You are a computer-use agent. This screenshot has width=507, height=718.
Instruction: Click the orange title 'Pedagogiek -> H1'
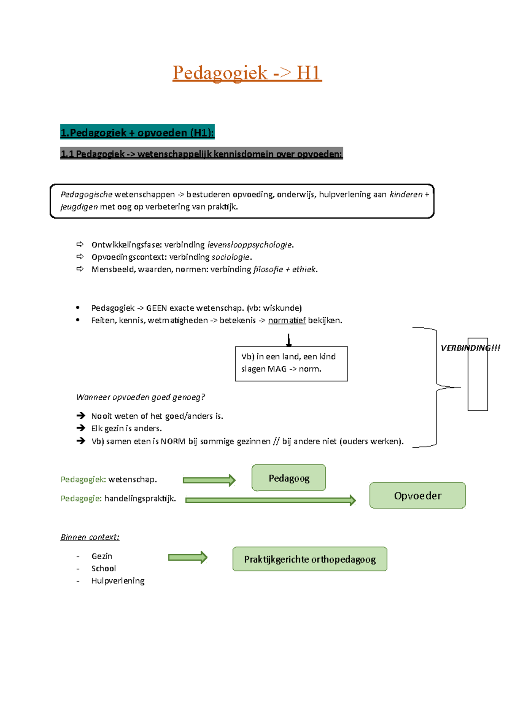[x=247, y=73]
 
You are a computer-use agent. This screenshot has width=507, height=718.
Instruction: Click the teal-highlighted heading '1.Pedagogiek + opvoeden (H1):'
[x=137, y=133]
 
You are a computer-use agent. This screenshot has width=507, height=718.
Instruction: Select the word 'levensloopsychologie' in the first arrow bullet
[x=250, y=245]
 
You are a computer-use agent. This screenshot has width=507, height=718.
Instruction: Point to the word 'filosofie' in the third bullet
[x=268, y=269]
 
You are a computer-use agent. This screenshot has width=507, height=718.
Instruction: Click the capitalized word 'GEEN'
[x=156, y=308]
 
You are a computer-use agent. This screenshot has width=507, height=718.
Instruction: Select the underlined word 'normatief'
[x=286, y=321]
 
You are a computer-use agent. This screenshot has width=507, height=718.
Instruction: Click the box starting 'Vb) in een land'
[x=291, y=364]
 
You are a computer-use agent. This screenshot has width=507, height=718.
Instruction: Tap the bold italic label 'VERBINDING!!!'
[x=470, y=348]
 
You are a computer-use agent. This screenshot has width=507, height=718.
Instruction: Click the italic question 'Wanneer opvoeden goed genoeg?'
[x=140, y=397]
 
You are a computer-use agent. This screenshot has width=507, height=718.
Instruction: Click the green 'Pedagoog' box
[x=289, y=478]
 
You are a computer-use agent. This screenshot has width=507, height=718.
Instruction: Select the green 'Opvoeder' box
[x=417, y=496]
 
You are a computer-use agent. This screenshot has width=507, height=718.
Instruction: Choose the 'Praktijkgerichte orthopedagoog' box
[x=310, y=559]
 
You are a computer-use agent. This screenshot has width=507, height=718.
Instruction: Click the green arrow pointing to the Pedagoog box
[x=209, y=480]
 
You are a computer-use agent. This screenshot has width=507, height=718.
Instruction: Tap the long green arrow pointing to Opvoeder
[x=270, y=500]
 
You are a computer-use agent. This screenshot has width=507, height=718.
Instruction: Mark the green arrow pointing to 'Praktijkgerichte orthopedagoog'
[x=188, y=557]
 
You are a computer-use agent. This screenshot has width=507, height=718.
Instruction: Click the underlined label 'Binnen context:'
[x=90, y=537]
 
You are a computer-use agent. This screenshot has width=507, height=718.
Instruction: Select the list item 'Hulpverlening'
[x=117, y=581]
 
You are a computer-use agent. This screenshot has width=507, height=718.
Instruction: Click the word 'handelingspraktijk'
[x=139, y=499]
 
